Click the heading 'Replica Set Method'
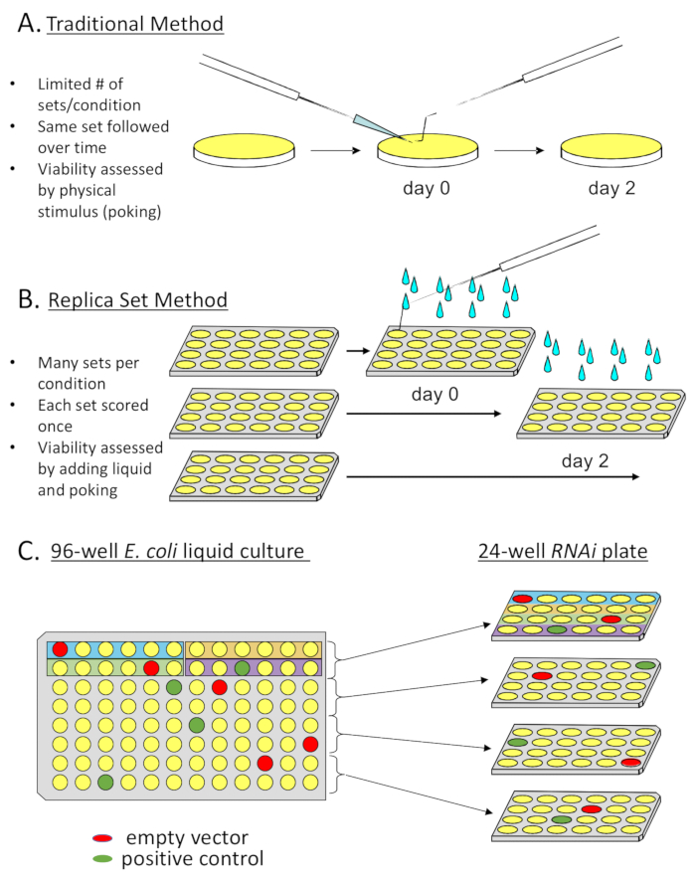pyautogui.click(x=138, y=299)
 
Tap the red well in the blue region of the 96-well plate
pyautogui.click(x=61, y=648)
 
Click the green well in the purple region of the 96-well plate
pyautogui.click(x=242, y=667)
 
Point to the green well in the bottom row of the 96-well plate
pyautogui.click(x=106, y=783)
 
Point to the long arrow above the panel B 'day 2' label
pyautogui.click(x=487, y=478)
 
